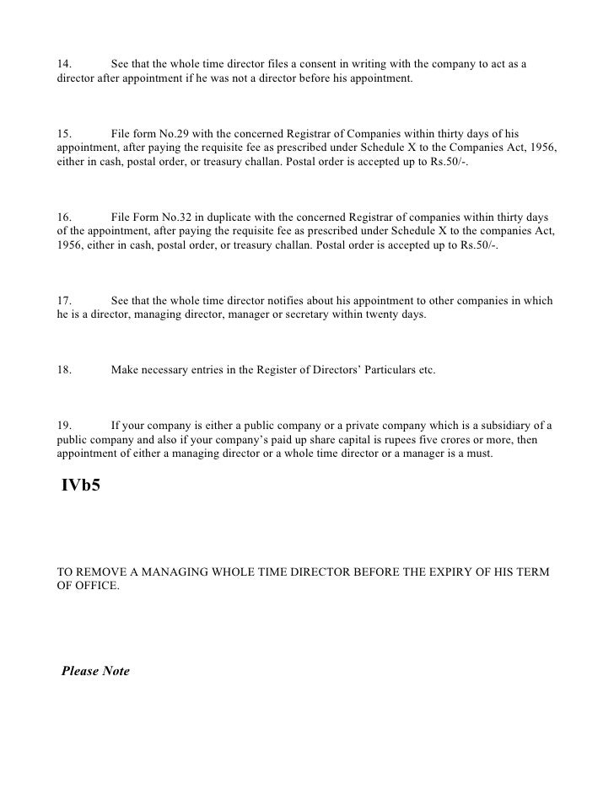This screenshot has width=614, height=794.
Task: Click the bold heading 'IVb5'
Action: point(81,486)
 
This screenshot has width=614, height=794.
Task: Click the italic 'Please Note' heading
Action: point(95,672)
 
